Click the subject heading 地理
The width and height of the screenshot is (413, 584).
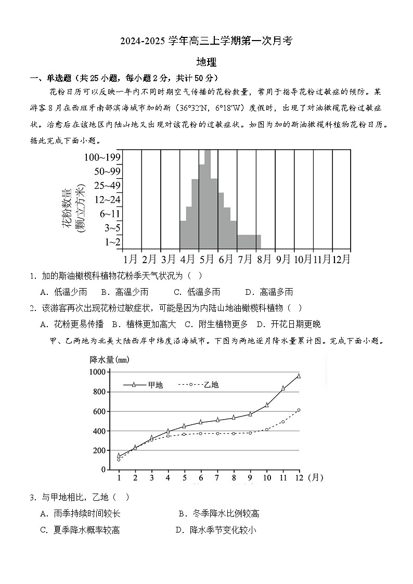point(206,61)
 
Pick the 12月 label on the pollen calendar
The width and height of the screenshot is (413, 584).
point(341,258)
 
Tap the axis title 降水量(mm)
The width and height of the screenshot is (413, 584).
point(109,359)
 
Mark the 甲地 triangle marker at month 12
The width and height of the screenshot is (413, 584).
point(299,375)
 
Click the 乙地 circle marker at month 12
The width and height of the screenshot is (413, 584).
point(299,410)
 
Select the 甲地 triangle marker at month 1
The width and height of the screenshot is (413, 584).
point(119,455)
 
